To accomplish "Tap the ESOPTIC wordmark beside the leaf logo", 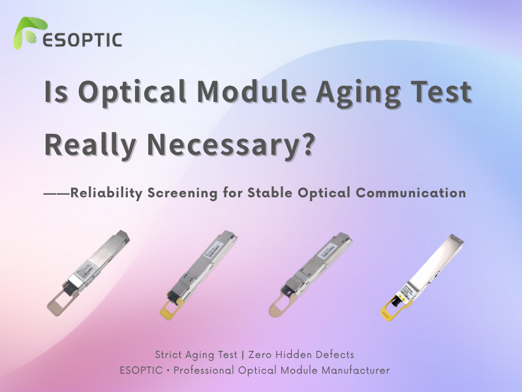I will pos(82,39).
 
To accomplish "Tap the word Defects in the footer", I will pos(334,355).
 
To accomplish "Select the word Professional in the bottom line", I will pos(213,370).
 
